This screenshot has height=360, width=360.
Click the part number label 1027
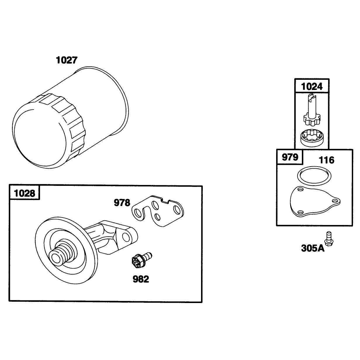(x=67, y=60)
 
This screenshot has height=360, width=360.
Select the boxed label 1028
(x=25, y=193)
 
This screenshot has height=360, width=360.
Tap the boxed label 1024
(x=312, y=86)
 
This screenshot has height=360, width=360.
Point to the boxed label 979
(x=290, y=157)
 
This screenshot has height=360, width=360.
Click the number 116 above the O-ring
(x=327, y=160)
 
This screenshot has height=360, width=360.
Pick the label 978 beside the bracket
(x=122, y=203)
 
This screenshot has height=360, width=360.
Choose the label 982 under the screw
(x=141, y=279)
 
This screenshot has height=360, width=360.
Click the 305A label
(x=313, y=248)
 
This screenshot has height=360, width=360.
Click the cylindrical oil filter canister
(x=70, y=117)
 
